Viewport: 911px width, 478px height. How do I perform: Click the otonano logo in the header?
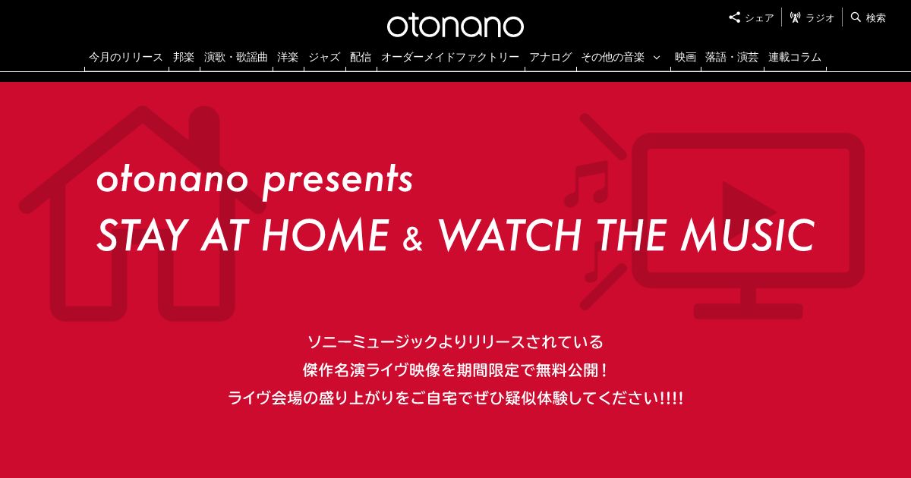[x=455, y=27]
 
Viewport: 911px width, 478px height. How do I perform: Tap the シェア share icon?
[x=734, y=17]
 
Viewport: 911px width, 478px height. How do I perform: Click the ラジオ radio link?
[x=812, y=18]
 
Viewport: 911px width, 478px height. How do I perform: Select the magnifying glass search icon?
[x=856, y=17]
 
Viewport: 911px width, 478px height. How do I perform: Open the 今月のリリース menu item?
[x=126, y=58]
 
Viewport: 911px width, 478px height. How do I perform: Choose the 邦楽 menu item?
[x=184, y=58]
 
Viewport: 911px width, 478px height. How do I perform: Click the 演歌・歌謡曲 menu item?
[x=235, y=58]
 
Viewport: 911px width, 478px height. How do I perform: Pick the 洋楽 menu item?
[x=288, y=58]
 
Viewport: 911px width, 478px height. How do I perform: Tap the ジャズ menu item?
[x=324, y=58]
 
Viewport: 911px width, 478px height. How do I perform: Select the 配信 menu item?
[x=361, y=58]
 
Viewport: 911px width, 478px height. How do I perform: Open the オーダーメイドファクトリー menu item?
[x=450, y=58]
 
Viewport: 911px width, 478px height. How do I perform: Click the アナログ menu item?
[x=550, y=58]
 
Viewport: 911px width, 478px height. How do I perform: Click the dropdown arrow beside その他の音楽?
[x=657, y=58]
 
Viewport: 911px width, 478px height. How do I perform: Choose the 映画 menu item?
[x=686, y=58]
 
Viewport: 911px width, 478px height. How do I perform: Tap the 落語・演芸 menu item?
[x=732, y=58]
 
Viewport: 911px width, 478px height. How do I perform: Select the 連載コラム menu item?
[x=795, y=58]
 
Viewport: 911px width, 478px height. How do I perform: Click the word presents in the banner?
[x=338, y=181]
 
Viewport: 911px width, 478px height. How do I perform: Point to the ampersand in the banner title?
[x=413, y=239]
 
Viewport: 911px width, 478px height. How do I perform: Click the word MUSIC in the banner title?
[x=749, y=235]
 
